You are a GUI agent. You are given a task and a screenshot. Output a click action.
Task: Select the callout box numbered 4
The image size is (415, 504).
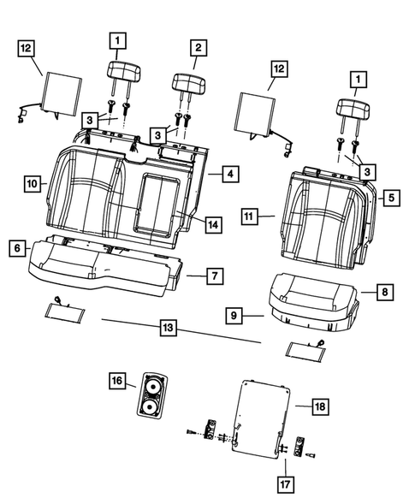[229, 174]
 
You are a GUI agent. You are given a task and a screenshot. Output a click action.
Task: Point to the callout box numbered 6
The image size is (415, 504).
[15, 247]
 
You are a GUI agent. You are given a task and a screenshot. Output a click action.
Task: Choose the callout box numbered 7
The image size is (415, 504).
[216, 276]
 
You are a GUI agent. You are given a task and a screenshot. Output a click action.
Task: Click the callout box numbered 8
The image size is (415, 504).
[384, 292]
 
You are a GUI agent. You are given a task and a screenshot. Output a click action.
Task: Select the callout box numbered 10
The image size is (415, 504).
[30, 183]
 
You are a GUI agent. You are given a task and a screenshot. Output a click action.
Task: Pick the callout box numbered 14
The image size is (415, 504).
[212, 224]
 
